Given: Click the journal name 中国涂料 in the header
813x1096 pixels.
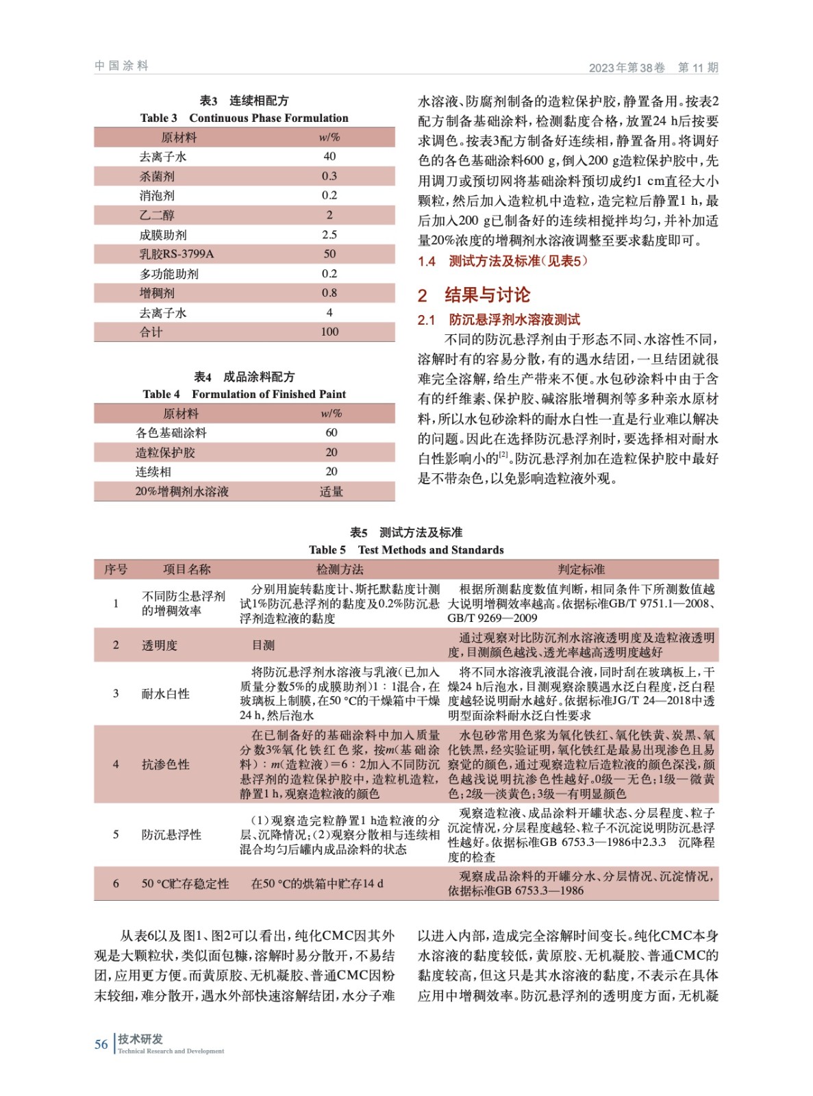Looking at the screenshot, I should point(121,66).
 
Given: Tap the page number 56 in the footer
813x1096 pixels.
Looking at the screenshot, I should point(101,1044).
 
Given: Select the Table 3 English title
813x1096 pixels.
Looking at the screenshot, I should point(244,118).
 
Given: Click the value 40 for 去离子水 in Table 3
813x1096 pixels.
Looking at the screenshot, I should point(329,156).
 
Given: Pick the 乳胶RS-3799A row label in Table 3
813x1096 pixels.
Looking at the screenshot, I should point(177,254).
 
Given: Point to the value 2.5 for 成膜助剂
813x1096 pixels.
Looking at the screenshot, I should point(329,234).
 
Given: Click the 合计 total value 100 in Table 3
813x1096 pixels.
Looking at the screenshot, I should point(329,332).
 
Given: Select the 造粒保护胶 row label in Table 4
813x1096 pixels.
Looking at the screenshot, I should point(165,452).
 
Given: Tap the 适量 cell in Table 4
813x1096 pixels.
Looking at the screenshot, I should point(332,491).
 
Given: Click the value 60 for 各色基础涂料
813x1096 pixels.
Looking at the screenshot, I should point(332,432).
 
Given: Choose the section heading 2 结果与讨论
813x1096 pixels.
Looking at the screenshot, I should point(474,295).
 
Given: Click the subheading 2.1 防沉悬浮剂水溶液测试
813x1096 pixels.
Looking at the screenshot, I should point(499,320).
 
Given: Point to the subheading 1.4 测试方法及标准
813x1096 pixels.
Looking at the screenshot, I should point(503,261).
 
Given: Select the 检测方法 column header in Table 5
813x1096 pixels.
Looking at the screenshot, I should point(340,569).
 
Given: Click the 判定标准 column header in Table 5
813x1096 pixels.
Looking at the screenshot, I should point(581,569).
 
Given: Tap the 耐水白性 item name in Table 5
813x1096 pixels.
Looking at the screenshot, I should point(165,693).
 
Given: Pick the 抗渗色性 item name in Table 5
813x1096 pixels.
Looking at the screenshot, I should point(165,764).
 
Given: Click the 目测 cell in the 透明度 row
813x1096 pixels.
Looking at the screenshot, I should point(263,645).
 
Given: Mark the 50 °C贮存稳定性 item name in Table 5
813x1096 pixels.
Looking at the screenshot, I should point(185,884).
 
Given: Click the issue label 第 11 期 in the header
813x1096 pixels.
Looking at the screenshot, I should point(697,67).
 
